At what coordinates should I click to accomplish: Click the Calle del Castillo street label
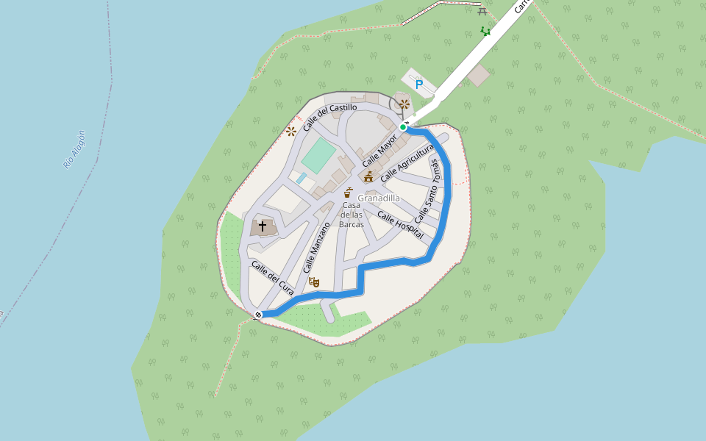pos(330,118)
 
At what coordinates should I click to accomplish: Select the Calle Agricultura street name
pos(407,163)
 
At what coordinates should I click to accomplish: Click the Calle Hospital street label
pos(400,225)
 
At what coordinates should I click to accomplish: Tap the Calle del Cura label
pos(272,279)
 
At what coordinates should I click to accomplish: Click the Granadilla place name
pos(379,198)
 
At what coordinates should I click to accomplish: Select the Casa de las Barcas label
pos(352,215)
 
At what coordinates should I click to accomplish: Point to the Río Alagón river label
pos(75,149)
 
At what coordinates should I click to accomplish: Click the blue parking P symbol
pos(419,85)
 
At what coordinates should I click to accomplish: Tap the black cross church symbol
pos(263,226)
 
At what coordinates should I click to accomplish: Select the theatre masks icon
pos(314,282)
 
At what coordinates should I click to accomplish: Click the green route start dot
pos(403,127)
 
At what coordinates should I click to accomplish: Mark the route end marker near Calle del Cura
pos(258,315)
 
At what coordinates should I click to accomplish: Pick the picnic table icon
pos(482,10)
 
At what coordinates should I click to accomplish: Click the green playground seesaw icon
pos(485,31)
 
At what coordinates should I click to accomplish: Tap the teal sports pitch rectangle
pos(318,156)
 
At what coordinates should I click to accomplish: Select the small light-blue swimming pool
pos(302,178)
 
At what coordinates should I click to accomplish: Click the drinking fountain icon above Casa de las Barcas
pos(348,193)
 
